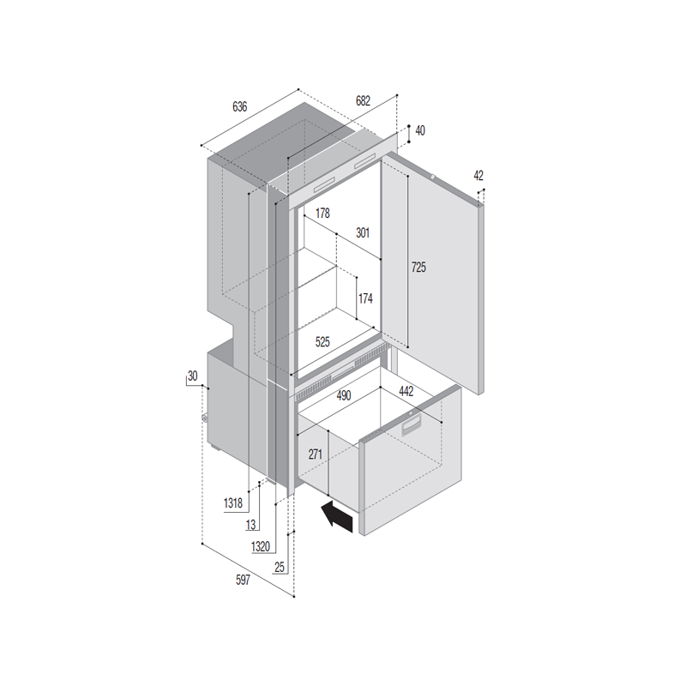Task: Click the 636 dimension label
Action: click(240, 106)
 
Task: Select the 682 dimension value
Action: click(363, 100)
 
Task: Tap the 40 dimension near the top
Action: click(420, 130)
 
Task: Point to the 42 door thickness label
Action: click(478, 176)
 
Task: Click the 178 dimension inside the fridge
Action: click(322, 213)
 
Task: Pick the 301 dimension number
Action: click(362, 232)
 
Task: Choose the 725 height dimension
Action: click(418, 267)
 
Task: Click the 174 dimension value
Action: click(365, 298)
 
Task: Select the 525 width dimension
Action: click(322, 341)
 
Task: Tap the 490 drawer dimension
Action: click(344, 395)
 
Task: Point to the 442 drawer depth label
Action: click(406, 391)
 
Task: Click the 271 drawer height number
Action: click(315, 454)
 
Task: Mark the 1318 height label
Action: click(232, 503)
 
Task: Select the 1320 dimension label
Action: click(261, 546)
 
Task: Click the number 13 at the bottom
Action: click(250, 525)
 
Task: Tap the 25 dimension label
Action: click(280, 568)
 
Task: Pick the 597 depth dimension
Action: click(243, 581)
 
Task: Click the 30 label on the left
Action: click(192, 376)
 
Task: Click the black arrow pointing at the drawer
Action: click(337, 517)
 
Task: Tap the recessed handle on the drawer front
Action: click(412, 424)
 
